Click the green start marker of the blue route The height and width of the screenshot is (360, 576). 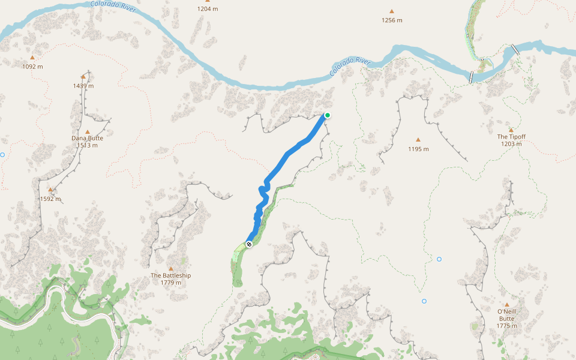pyautogui.click(x=328, y=115)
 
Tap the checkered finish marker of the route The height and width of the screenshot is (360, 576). pyautogui.click(x=248, y=244)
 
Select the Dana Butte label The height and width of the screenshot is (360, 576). pyautogui.click(x=88, y=138)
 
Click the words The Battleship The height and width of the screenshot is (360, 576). pyautogui.click(x=171, y=275)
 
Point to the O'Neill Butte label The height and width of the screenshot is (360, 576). pyautogui.click(x=506, y=314)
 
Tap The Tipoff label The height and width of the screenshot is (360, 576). pyautogui.click(x=511, y=137)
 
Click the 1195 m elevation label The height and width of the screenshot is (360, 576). pyautogui.click(x=418, y=149)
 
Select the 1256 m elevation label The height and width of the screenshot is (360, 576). pyautogui.click(x=392, y=20)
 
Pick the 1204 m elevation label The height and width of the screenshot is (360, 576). pyautogui.click(x=208, y=9)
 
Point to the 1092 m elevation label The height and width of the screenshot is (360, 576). pyautogui.click(x=32, y=67)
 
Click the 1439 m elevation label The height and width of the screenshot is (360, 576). pyautogui.click(x=83, y=86)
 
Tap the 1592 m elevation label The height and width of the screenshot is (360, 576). pyautogui.click(x=51, y=199)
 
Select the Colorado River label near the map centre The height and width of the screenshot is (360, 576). pyautogui.click(x=350, y=67)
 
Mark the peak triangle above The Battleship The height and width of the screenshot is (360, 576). pyautogui.click(x=171, y=268)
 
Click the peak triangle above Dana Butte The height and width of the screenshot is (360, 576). pyautogui.click(x=88, y=131)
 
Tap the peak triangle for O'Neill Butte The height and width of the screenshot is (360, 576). pyautogui.click(x=506, y=304)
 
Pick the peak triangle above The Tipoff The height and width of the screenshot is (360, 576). pyautogui.click(x=511, y=130)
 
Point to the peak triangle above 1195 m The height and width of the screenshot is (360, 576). pyautogui.click(x=418, y=140)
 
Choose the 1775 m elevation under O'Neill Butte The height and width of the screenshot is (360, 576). pyautogui.click(x=506, y=326)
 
